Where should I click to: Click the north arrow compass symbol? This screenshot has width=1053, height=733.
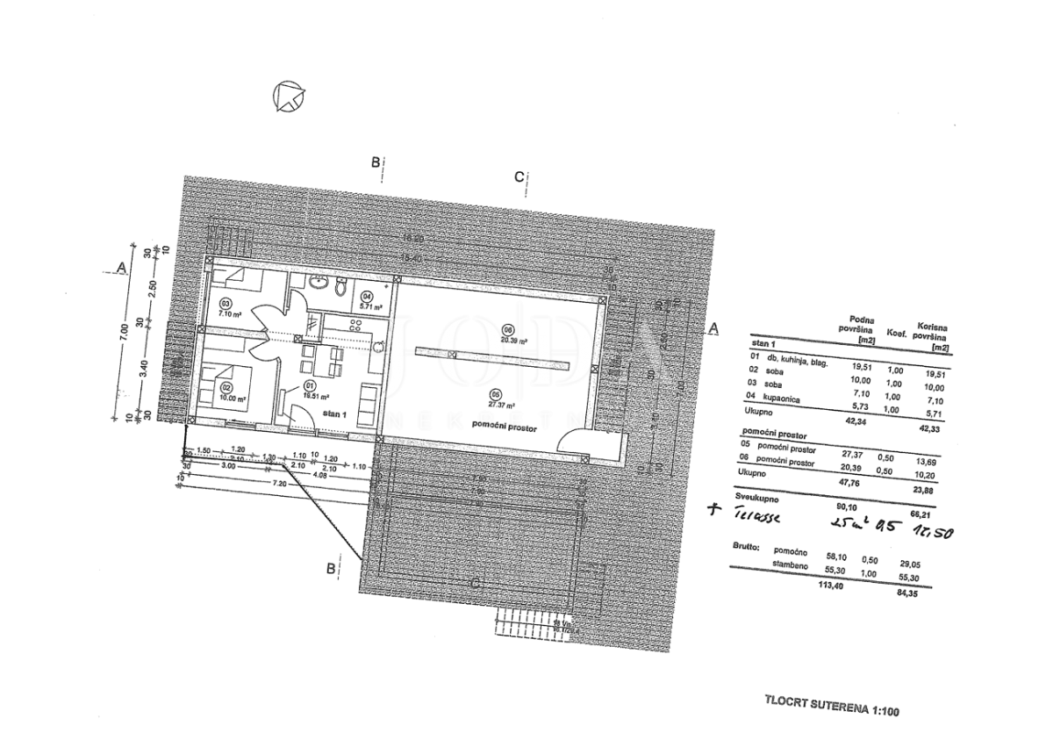click(288, 96)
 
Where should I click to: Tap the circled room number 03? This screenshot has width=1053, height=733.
click(224, 303)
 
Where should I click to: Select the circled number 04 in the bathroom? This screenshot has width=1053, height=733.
click(366, 296)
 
